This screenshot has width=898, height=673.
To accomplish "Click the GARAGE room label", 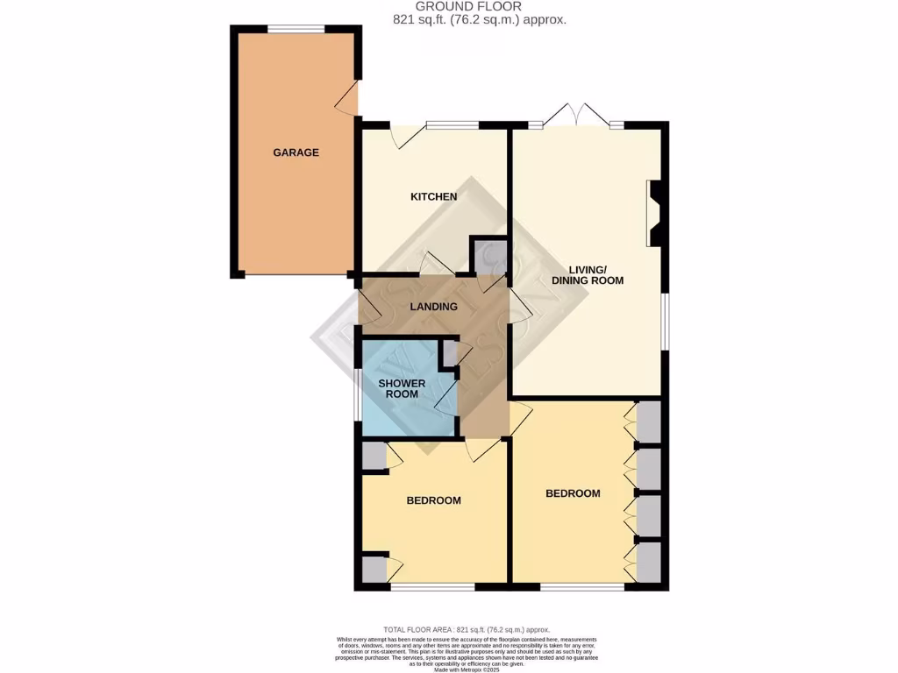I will (296, 152).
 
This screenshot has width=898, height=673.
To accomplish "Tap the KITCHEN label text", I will (434, 196).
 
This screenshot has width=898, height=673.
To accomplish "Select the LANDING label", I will (434, 307).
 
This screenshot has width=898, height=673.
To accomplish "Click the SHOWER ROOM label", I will (402, 389).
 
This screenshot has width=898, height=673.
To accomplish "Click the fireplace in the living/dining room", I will (654, 214).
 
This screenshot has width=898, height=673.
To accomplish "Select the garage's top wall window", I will (296, 30).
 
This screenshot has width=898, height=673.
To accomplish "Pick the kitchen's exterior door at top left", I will (403, 136).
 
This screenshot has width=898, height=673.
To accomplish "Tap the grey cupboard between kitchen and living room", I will (488, 256).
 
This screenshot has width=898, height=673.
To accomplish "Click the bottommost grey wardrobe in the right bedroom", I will (649, 562).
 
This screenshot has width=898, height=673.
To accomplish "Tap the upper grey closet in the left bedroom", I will (374, 457).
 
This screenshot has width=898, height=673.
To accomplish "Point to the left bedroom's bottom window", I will (433, 585).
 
